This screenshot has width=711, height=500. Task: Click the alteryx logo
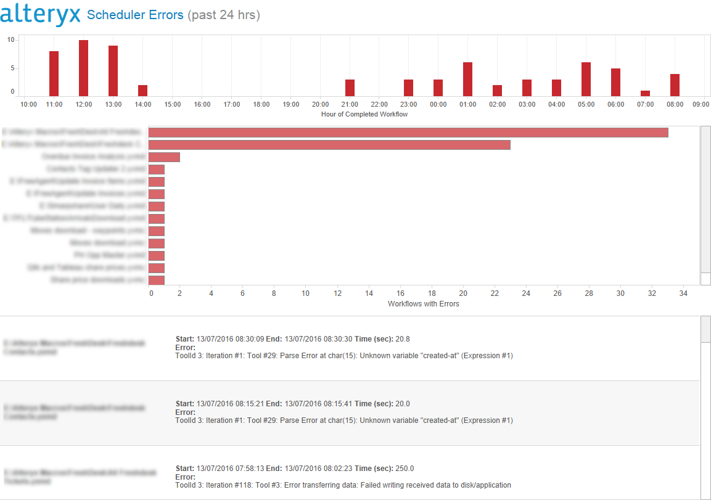[x=41, y=14]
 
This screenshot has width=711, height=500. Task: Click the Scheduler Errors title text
[x=135, y=15]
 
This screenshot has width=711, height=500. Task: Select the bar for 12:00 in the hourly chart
[x=83, y=68]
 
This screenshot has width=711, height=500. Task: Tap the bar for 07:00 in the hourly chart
[x=645, y=93]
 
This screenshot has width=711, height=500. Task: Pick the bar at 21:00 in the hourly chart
[x=350, y=88]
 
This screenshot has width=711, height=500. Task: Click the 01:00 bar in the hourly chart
[x=467, y=79]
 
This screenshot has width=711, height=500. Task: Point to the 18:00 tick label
[x=261, y=105]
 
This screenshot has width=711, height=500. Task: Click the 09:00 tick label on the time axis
[x=701, y=105]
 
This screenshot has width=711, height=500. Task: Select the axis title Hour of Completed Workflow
[x=364, y=114]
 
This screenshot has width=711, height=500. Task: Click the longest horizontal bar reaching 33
[x=408, y=133]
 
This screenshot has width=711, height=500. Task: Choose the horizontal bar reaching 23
[x=329, y=145]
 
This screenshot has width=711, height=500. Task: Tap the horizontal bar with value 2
[x=164, y=157]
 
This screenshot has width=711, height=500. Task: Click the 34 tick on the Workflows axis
[x=683, y=293]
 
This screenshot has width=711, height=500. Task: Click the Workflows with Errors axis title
[x=423, y=304]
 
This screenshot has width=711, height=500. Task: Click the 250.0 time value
[x=405, y=469]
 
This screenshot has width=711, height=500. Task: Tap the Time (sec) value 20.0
[x=402, y=404]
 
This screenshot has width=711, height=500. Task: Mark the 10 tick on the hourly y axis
[x=10, y=39]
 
